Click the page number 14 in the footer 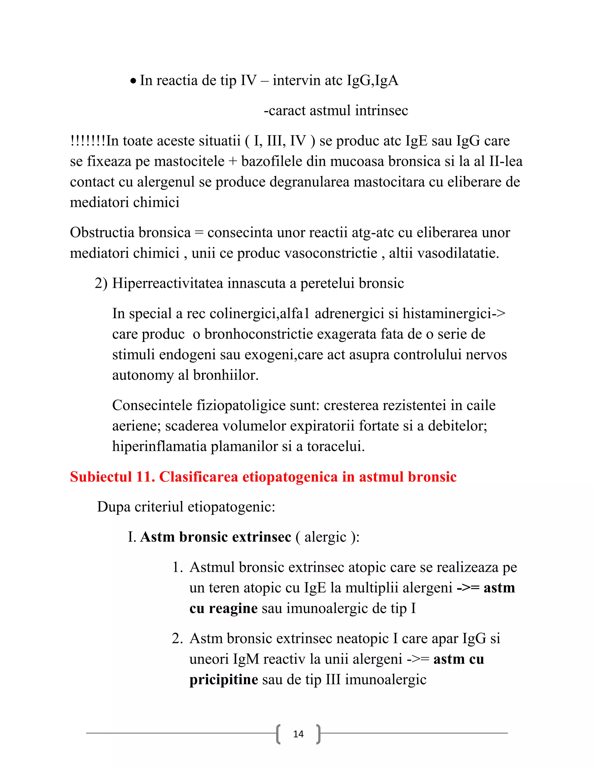pos(298,734)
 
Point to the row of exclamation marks pos(88,141)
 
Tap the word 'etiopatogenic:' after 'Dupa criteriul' pos(231,507)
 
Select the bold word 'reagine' pos(233,608)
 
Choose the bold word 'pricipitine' pos(223,679)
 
